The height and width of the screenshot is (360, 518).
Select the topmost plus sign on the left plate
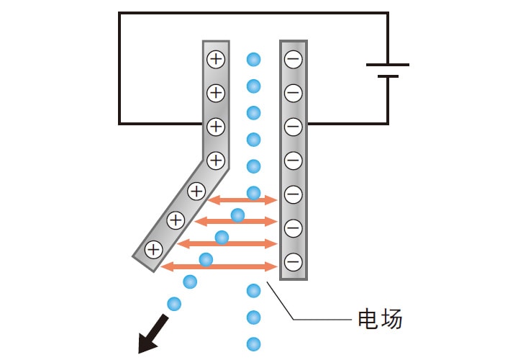pos(216,59)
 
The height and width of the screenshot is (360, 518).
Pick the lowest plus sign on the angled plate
pos(153,250)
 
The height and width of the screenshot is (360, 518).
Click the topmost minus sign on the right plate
pos(293,59)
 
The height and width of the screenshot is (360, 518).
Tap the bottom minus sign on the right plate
pos(293,261)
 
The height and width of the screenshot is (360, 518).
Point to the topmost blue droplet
pos(253,59)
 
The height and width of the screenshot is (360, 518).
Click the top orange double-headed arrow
pos(242,199)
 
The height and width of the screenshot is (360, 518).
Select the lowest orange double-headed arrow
pos(219,266)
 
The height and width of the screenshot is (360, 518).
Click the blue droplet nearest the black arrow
pos(174,304)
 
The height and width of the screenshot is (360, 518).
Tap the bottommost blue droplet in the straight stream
pos(253,343)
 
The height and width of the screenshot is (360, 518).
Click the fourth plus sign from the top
pos(216,160)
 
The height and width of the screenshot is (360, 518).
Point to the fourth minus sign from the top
pos(293,160)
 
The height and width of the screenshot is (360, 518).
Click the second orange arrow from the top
pos(236,221)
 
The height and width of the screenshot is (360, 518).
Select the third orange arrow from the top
pos(227,244)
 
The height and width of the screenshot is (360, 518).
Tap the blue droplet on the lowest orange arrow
pos(206,260)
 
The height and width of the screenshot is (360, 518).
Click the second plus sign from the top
pos(216,93)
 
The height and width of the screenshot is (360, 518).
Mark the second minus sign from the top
pos(293,93)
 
